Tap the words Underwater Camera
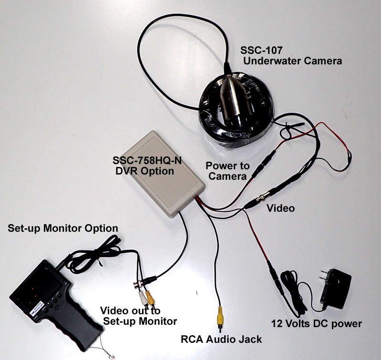(292, 61)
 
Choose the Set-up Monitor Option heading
(63, 228)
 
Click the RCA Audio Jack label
(221, 339)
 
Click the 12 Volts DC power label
(316, 324)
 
